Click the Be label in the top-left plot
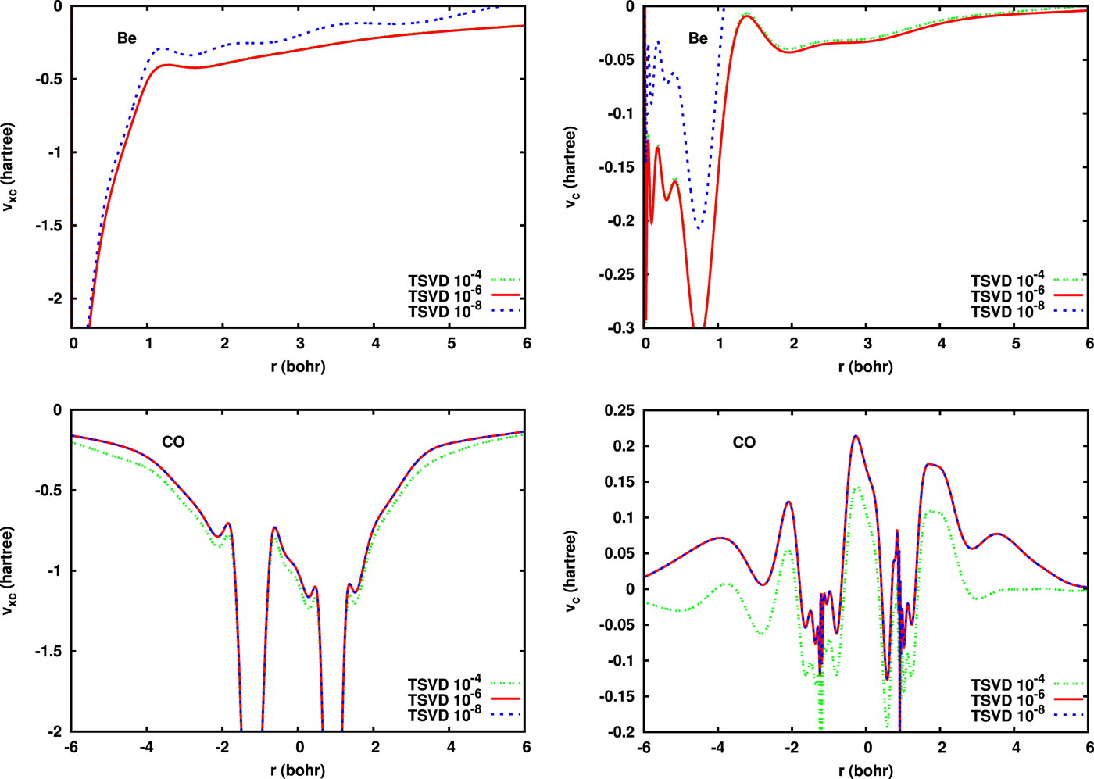127,38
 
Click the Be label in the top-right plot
698,38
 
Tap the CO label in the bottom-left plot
173,442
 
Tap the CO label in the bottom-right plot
744,442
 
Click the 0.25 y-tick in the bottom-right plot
620,410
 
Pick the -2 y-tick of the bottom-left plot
55,732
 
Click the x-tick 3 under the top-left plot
300,344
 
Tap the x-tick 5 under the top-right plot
1016,344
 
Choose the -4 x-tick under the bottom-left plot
147,748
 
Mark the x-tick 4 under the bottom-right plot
1016,748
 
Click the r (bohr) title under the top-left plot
298,366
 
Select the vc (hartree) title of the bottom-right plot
571,571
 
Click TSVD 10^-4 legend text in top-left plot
445,280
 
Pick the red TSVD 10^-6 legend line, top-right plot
1067,295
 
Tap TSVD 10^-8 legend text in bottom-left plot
445,715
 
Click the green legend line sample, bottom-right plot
1067,684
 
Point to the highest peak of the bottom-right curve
856,436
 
